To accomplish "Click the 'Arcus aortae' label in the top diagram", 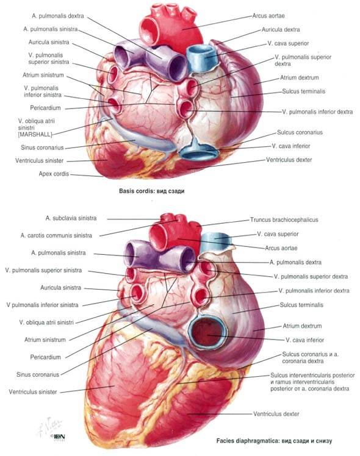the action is point(268,16).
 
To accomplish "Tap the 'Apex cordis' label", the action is point(54,174).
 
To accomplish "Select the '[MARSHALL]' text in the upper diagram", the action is point(35,135).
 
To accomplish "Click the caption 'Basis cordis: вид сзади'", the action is point(151,191).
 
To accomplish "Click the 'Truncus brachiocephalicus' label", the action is point(284,220).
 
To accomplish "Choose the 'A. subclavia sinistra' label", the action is point(71,218).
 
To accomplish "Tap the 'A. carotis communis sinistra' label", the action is point(56,235).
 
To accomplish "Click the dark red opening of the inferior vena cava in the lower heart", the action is point(207,332).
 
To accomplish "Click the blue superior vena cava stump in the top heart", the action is point(201,58).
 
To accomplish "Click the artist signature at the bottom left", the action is point(49,427).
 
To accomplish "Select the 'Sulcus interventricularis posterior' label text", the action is point(312,375).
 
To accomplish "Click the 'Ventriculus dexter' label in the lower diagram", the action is point(276,414).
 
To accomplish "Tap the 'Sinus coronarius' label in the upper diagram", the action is point(42,148).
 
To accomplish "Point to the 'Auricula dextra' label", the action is point(281,30).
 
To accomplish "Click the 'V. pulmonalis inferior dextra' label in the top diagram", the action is point(317,112).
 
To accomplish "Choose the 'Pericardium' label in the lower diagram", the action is point(45,357).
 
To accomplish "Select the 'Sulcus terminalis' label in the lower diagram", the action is point(301,305).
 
